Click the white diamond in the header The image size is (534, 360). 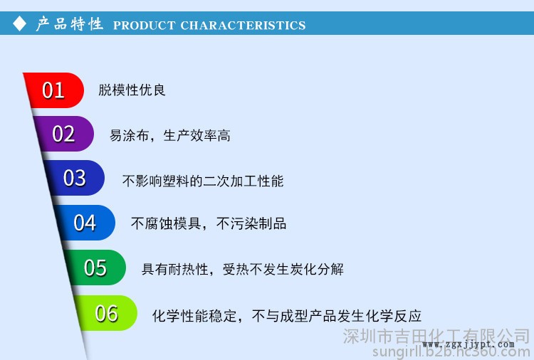click(19, 23)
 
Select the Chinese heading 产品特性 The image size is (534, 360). click(70, 23)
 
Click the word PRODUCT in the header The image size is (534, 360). click(144, 26)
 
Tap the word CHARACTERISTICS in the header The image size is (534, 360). click(243, 26)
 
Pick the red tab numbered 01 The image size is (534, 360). click(55, 90)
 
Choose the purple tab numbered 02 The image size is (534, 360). click(64, 134)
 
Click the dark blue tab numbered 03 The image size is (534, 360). click(75, 178)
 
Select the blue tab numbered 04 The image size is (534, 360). click(85, 223)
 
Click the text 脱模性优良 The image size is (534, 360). click(132, 90)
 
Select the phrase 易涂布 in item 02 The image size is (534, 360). click(130, 135)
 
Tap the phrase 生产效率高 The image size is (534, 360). click(197, 135)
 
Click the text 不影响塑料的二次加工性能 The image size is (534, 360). click(203, 181)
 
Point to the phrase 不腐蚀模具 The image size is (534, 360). click(166, 223)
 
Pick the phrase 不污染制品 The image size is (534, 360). click(251, 223)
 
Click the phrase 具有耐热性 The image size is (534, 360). click(175, 269)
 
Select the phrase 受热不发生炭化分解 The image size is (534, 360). click(283, 269)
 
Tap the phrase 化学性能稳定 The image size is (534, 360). click(194, 316)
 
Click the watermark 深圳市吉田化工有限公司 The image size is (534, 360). click(436, 337)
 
